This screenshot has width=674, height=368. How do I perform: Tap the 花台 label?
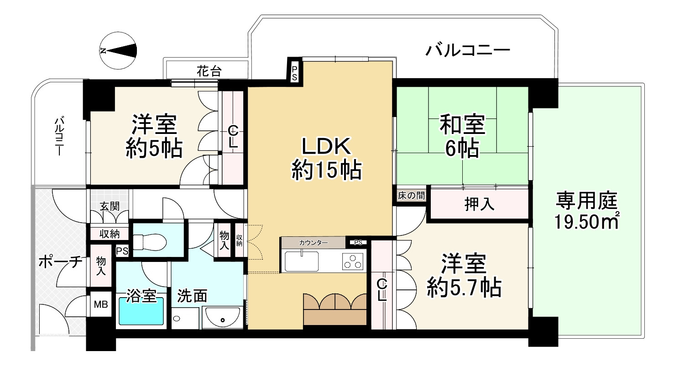209,71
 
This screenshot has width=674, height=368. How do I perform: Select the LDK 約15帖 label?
326,158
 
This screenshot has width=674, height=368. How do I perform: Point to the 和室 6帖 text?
462,136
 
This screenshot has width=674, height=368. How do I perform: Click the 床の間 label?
411,196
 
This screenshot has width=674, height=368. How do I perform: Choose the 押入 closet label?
479,205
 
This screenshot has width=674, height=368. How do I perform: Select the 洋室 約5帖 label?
154,136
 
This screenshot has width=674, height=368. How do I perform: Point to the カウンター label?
313,242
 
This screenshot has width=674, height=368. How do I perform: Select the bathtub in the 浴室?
141,311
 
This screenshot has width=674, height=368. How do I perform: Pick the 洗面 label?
192,296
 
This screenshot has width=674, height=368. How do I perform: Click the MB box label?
101,304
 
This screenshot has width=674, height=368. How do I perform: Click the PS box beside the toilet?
122,251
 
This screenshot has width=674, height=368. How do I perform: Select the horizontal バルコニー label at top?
467,49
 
